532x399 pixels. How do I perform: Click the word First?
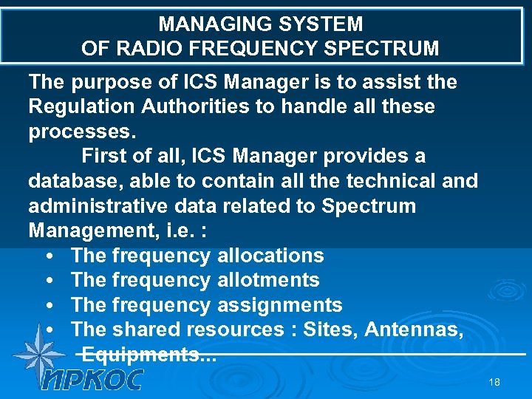tap(106, 157)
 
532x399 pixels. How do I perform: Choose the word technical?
tap(383, 181)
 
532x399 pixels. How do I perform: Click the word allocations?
tap(270, 256)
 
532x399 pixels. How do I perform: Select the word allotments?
tap(268, 280)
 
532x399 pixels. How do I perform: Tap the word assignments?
tap(280, 305)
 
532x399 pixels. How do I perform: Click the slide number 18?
tap(494, 382)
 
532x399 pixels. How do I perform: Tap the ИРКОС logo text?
tap(92, 380)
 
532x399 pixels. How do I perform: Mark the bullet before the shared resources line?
tap(48, 330)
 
